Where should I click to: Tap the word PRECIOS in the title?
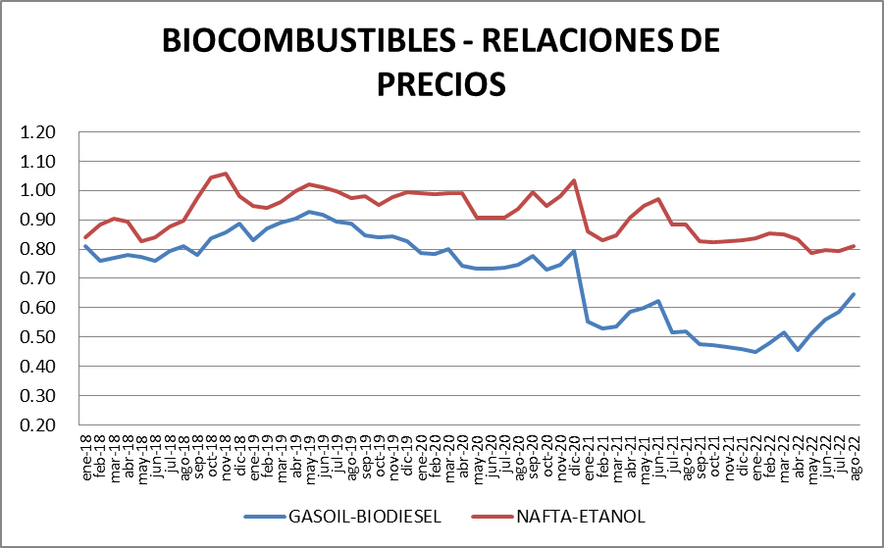[441, 82]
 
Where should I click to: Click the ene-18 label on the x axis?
[86, 455]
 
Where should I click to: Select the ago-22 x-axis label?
[854, 455]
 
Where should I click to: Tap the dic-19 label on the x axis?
[407, 455]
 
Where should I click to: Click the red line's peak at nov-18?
[226, 174]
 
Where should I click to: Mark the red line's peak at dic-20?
[574, 180]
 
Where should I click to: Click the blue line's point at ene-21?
[588, 322]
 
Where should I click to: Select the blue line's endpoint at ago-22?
[854, 294]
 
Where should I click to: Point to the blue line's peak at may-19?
[309, 212]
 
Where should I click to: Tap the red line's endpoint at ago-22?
[854, 246]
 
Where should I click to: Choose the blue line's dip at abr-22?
[798, 350]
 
